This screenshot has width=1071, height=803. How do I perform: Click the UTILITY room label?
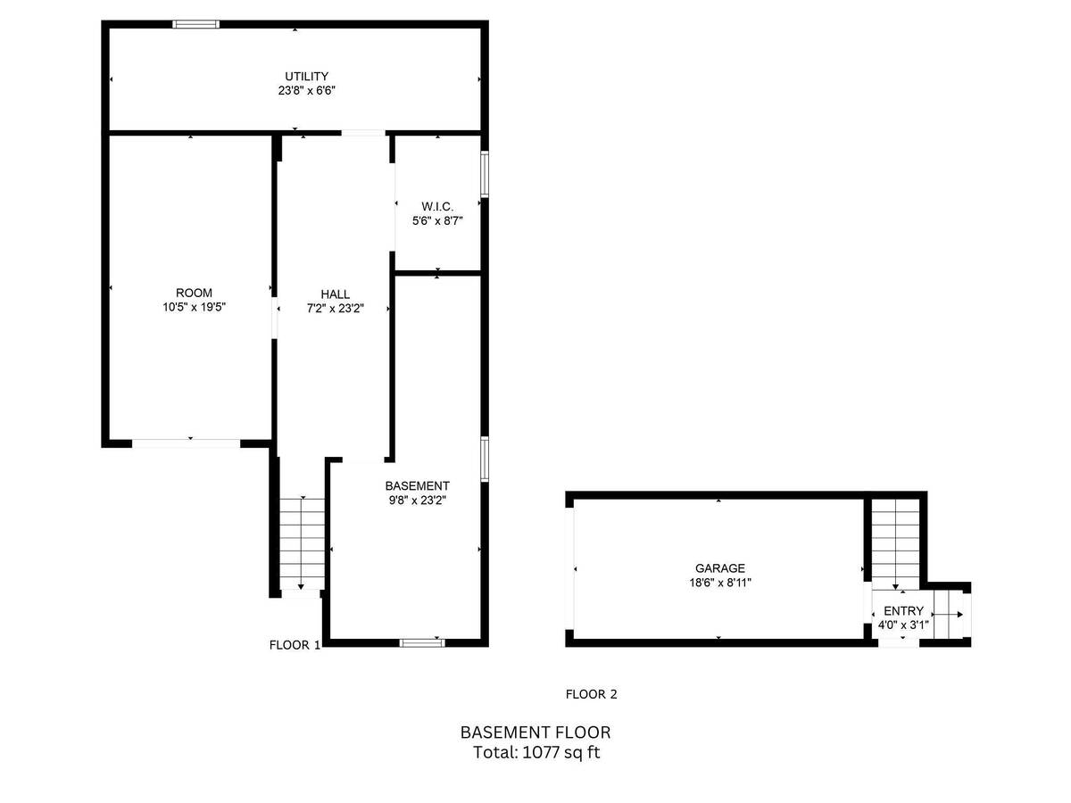(306, 77)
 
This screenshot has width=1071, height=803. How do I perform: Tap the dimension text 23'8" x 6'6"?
(307, 91)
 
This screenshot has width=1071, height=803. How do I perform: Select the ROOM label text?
(195, 293)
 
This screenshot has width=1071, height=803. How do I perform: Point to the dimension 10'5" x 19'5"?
(195, 307)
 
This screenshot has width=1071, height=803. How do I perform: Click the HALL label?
(336, 294)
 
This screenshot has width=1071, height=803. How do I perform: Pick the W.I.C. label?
(437, 207)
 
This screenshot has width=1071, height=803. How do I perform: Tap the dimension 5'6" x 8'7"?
(437, 221)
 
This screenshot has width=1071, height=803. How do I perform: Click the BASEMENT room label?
(417, 486)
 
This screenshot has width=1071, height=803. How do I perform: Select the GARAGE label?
(720, 568)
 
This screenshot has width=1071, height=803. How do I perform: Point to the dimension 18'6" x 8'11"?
(720, 582)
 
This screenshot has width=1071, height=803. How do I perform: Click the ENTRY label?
(903, 611)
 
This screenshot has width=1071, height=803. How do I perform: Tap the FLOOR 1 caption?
(295, 645)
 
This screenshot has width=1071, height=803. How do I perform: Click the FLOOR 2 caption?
(592, 694)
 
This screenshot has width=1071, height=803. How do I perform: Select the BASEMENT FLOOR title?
(535, 733)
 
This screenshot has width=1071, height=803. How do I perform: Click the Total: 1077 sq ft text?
(536, 752)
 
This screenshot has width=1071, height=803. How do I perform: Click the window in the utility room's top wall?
(195, 24)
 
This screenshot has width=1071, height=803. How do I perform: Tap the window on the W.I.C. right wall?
(485, 174)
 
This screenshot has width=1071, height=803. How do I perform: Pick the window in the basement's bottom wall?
(422, 643)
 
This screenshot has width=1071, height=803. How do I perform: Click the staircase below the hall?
(302, 544)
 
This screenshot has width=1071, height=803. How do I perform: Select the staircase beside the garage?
(895, 544)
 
